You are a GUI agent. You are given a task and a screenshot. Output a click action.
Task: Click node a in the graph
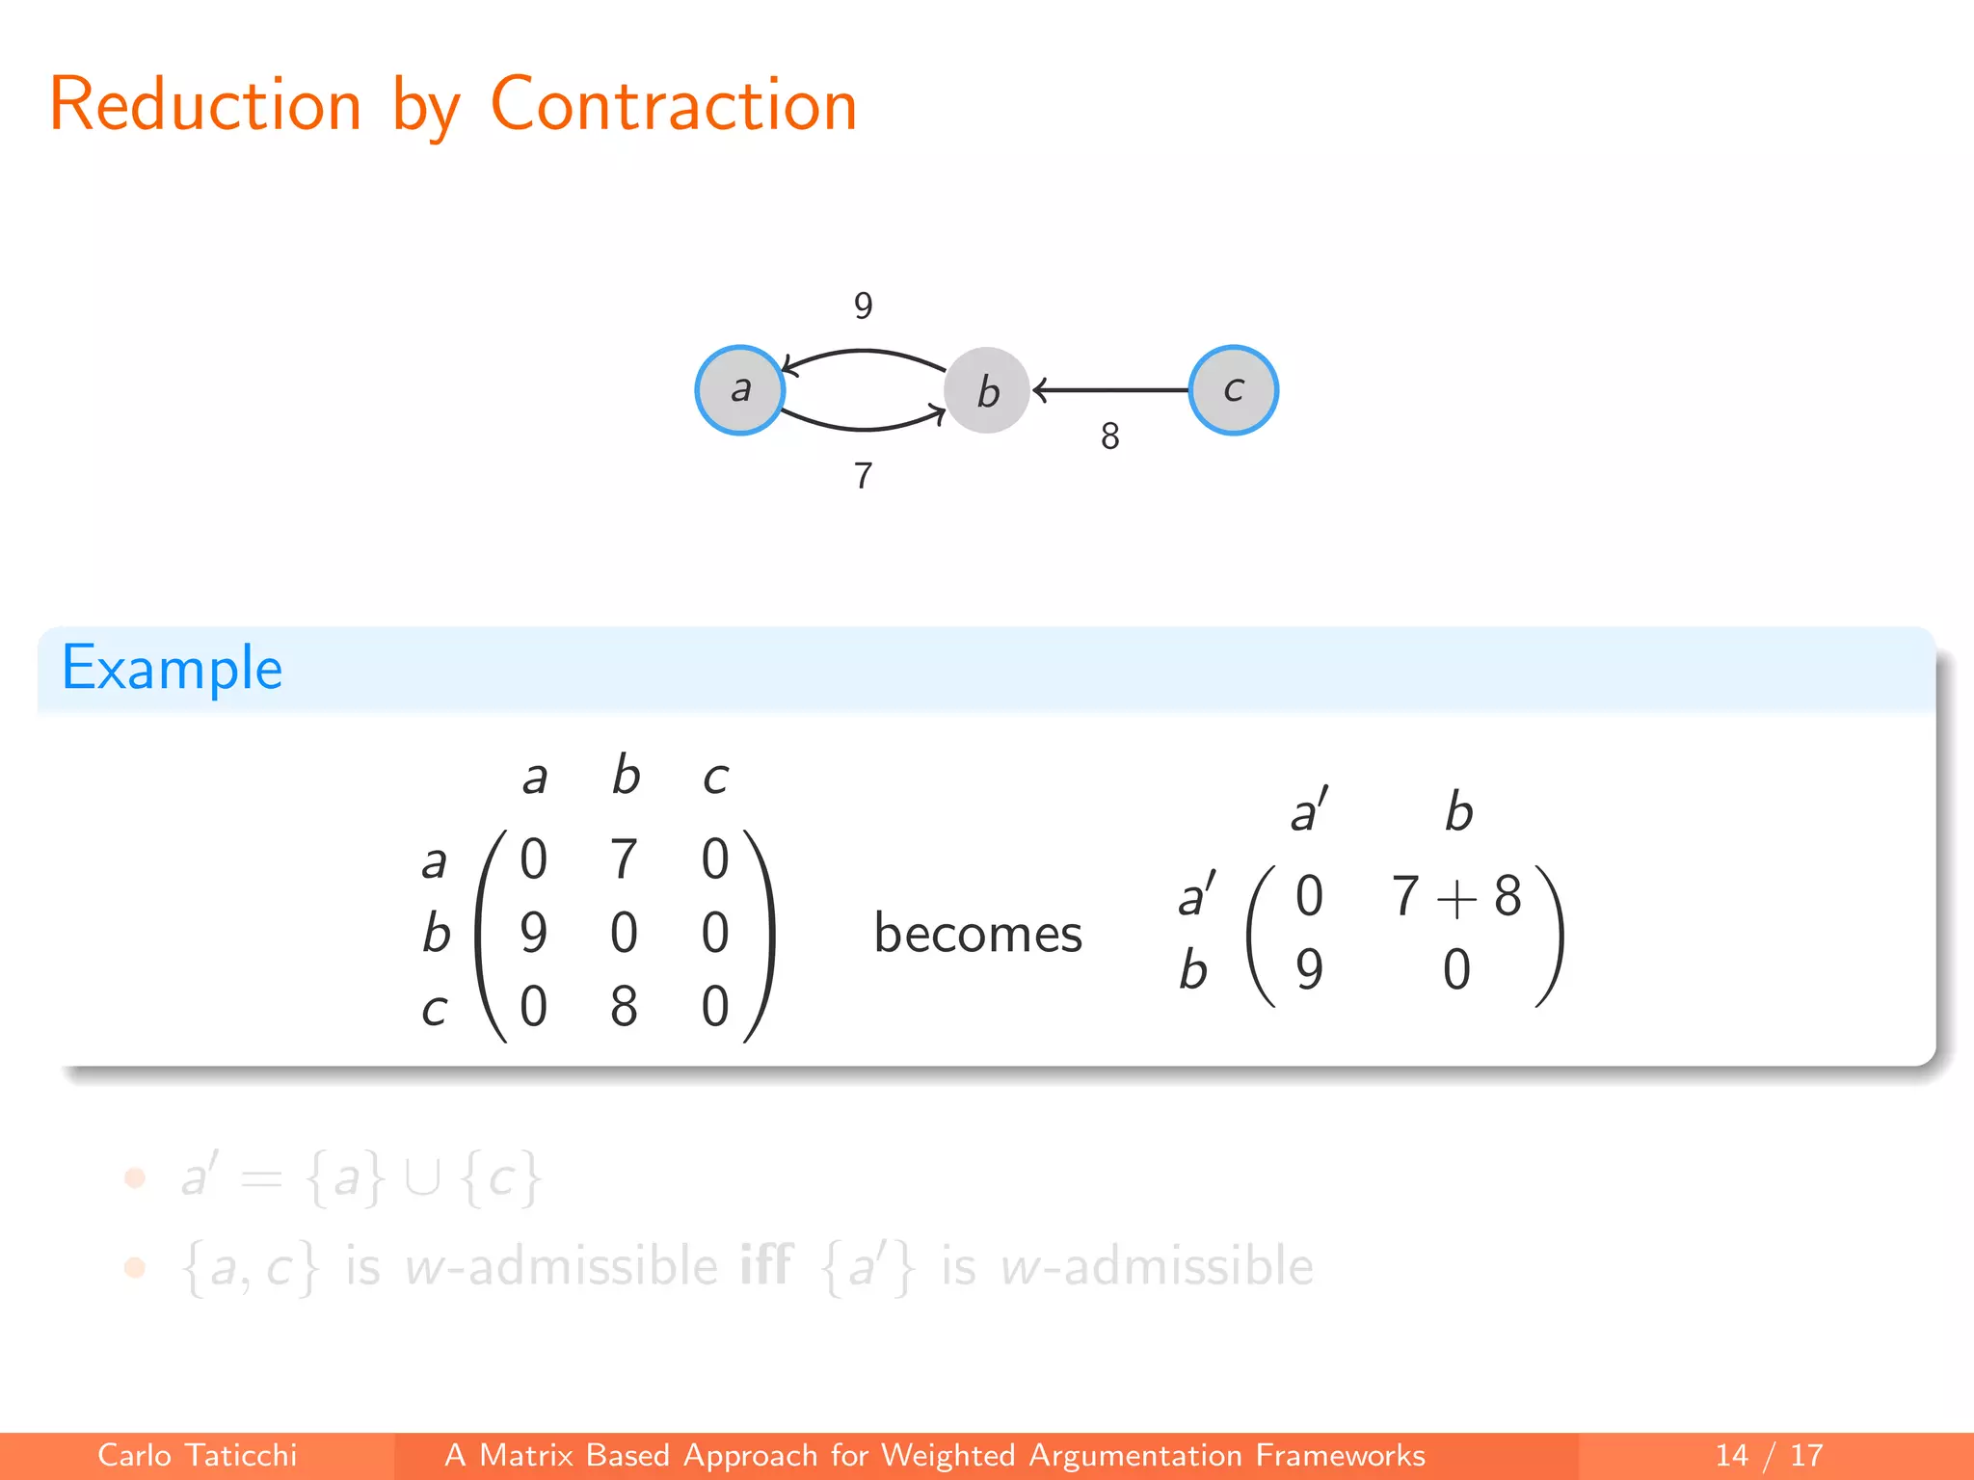(740, 390)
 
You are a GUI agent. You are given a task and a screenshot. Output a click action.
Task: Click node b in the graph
(987, 390)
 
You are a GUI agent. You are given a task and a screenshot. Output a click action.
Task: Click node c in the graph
(1233, 390)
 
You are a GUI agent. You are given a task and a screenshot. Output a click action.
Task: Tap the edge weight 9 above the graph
(863, 306)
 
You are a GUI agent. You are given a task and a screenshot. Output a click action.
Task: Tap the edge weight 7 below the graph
(863, 476)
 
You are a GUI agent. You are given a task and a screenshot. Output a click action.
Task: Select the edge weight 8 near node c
(1109, 436)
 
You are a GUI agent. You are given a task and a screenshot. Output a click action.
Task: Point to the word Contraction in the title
(674, 104)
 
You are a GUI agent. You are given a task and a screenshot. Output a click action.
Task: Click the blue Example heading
(173, 668)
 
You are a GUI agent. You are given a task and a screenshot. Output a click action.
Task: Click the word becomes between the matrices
(977, 934)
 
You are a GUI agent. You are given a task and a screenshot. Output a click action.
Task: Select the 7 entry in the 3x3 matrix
(624, 859)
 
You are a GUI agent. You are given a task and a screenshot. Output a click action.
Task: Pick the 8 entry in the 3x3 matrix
(624, 1007)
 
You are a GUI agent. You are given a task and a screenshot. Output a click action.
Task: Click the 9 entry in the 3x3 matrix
(533, 933)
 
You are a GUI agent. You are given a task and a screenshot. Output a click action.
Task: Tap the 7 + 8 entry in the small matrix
(1455, 896)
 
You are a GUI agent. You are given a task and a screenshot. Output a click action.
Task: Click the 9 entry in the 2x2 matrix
(1309, 969)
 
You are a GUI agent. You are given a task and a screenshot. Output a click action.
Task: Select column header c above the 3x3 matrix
(715, 777)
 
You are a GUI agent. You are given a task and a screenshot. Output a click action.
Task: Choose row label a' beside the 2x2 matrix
(1197, 894)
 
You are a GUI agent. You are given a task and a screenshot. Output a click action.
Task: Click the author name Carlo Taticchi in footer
(197, 1455)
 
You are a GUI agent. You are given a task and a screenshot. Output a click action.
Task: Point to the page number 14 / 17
(1769, 1455)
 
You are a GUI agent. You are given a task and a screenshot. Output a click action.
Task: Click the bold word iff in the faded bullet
(765, 1265)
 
